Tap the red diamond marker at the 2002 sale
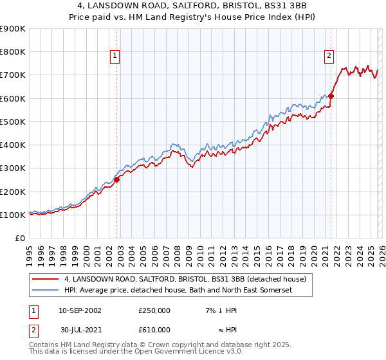click(117, 180)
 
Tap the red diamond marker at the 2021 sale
click(331, 96)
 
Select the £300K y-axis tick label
click(13, 168)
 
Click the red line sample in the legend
click(46, 279)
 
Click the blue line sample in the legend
click(46, 291)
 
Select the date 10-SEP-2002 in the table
click(80, 310)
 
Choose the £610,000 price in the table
click(154, 330)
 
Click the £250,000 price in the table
click(154, 310)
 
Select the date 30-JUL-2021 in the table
click(80, 330)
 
